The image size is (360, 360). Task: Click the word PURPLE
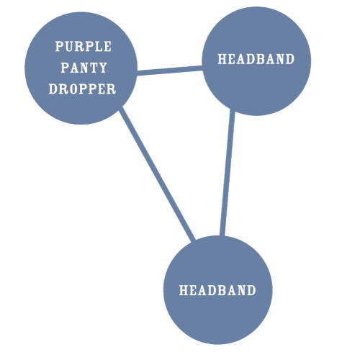click(x=84, y=46)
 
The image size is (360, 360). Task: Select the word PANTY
click(x=84, y=68)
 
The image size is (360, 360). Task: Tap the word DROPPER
click(x=82, y=89)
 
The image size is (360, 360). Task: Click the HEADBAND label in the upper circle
click(x=256, y=59)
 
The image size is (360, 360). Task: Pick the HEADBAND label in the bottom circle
click(x=217, y=290)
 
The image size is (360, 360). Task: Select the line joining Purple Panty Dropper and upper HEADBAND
click(x=170, y=71)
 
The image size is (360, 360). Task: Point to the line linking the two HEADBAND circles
click(x=228, y=173)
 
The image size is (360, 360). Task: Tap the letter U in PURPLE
click(x=69, y=46)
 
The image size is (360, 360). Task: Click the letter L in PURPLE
click(x=99, y=46)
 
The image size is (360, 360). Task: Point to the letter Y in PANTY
click(x=103, y=68)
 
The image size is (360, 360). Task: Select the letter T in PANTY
click(x=94, y=68)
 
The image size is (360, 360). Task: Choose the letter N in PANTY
click(x=84, y=68)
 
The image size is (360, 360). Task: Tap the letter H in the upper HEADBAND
click(x=222, y=59)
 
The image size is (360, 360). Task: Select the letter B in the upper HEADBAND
click(x=262, y=59)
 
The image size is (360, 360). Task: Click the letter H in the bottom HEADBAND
click(x=184, y=290)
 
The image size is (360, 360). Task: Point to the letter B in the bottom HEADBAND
click(x=223, y=290)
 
